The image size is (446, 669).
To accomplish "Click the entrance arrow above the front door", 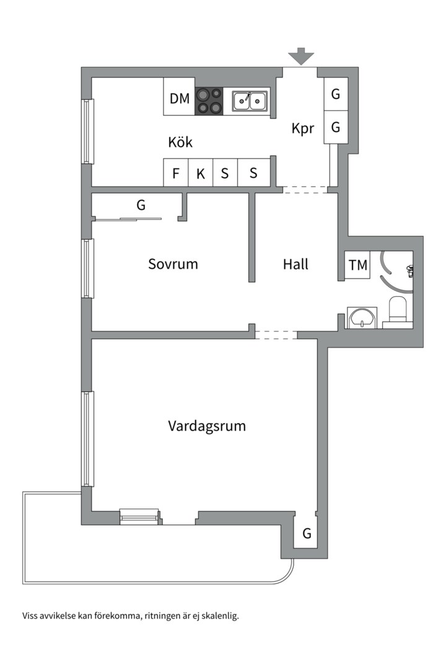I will tap(301, 56).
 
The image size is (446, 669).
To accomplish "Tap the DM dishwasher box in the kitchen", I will tap(179, 97).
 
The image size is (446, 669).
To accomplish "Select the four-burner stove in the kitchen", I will tap(209, 101).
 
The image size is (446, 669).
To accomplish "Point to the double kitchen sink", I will tap(250, 100).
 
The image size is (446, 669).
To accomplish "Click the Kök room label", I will tap(180, 142).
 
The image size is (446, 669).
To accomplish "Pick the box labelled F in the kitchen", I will tap(176, 173).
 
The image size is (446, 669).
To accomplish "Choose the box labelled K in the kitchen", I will tap(201, 173).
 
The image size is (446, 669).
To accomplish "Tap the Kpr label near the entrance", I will tap(303, 129).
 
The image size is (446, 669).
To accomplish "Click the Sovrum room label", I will tap(173, 264).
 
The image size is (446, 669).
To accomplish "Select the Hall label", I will tap(295, 264).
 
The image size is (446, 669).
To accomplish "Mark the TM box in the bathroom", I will tap(357, 265).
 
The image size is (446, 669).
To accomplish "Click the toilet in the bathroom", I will tap(397, 309).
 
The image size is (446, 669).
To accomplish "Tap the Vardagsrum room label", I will tap(207, 426).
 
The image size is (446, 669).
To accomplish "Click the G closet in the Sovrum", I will tap(141, 205).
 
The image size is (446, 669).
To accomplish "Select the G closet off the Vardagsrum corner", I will tap(307, 533).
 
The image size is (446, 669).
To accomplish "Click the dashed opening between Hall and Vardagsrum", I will tap(276, 334).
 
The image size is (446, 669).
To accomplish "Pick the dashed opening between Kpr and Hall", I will tap(305, 190).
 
